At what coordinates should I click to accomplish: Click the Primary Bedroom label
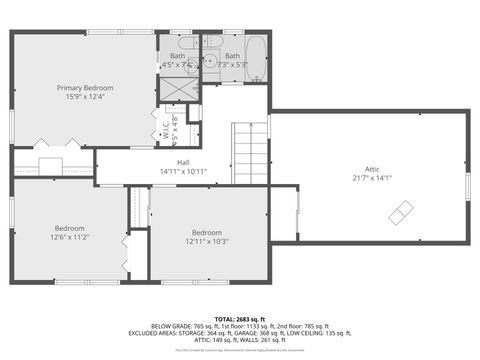pyautogui.click(x=84, y=88)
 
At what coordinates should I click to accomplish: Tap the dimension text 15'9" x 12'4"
pyautogui.click(x=84, y=97)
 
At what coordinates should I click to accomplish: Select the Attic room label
pyautogui.click(x=366, y=169)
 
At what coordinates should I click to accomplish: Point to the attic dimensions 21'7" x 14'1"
pyautogui.click(x=366, y=178)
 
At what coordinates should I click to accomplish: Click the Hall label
pyautogui.click(x=183, y=162)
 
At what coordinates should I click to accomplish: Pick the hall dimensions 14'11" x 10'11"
pyautogui.click(x=183, y=171)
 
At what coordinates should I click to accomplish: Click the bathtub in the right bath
pyautogui.click(x=255, y=58)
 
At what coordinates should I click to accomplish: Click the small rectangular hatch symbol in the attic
pyautogui.click(x=400, y=212)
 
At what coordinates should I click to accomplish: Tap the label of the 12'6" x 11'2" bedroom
pyautogui.click(x=70, y=228)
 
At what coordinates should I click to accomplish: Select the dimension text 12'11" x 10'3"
pyautogui.click(x=207, y=241)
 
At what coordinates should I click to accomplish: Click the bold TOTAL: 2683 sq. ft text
pyautogui.click(x=239, y=316)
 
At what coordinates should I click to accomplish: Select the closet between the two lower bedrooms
pyautogui.click(x=138, y=208)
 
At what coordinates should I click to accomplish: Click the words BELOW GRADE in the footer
pyautogui.click(x=171, y=325)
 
